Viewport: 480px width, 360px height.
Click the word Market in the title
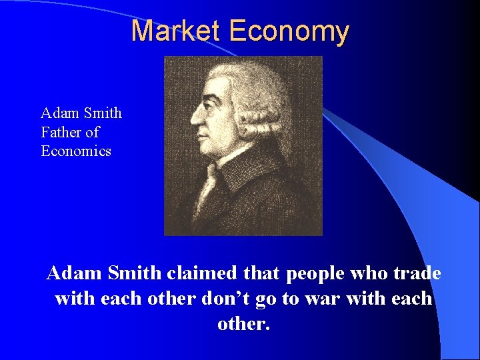click(176, 31)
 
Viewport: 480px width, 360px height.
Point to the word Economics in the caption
click(76, 151)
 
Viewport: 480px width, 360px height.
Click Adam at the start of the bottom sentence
click(71, 273)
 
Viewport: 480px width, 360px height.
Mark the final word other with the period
click(244, 324)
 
